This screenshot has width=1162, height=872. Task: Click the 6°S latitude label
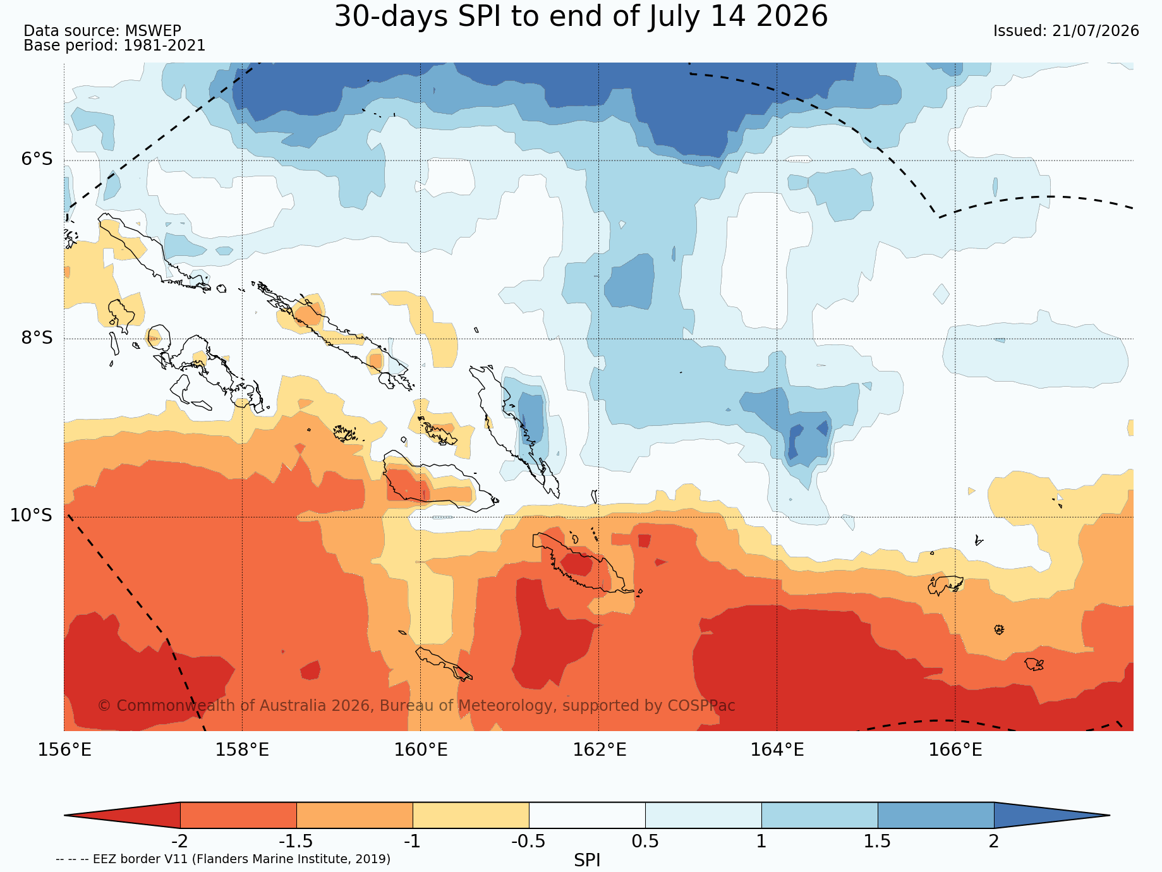[37, 159]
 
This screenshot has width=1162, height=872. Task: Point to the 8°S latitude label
[37, 337]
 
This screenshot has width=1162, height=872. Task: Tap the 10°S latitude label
[32, 516]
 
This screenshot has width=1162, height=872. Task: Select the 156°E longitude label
[64, 750]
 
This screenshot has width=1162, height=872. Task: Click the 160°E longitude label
[421, 750]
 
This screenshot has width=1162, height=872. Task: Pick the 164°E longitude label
[777, 750]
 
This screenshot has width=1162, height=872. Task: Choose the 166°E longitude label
[955, 750]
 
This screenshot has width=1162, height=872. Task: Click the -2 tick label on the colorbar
[180, 842]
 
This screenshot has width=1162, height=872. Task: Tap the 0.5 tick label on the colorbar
[645, 842]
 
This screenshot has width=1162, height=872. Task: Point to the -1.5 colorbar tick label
[296, 842]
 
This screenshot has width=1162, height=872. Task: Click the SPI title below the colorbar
[587, 860]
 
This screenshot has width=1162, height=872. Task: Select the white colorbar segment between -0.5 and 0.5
[587, 815]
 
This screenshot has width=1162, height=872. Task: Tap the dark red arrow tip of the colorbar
[66, 815]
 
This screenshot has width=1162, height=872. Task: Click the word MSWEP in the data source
[153, 31]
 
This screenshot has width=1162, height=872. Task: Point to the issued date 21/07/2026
[1096, 31]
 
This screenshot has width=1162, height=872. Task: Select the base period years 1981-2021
[164, 45]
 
